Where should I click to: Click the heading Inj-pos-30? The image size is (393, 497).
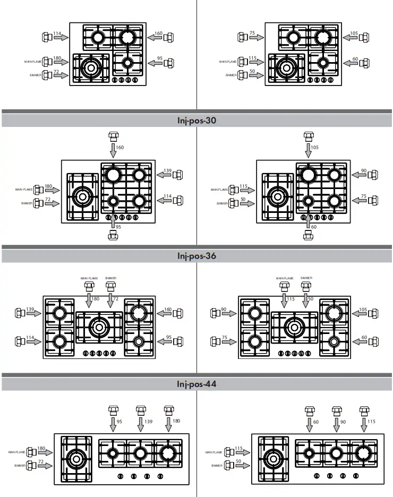196,121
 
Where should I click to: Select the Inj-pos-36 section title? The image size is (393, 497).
196,256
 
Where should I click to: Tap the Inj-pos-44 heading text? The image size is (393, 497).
196,384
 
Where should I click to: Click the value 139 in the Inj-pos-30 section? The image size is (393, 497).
168,171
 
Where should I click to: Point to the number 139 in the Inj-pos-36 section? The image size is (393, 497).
30,309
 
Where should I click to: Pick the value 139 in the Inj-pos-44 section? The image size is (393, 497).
149,421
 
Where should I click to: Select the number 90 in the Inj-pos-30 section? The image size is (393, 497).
363,171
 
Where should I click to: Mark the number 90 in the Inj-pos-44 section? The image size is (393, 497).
343,421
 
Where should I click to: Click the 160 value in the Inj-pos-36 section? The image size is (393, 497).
168,310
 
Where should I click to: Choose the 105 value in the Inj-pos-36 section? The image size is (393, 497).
363,310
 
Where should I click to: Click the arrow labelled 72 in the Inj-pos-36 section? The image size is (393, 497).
110,301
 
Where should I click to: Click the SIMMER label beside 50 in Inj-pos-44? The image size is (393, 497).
216,466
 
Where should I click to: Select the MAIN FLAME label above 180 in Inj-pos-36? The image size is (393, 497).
89,278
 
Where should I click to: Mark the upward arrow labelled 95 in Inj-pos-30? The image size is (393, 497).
113,220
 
